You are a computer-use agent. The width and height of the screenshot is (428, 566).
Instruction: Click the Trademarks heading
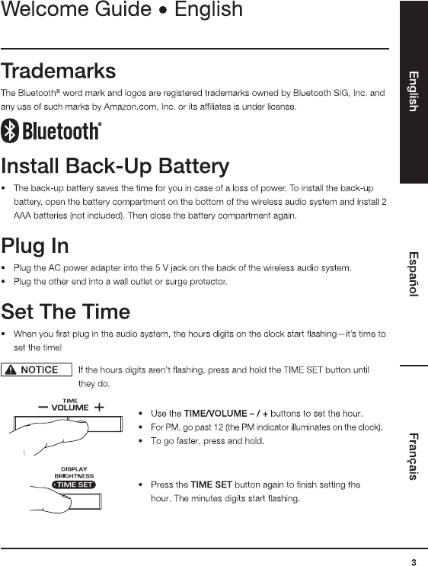click(x=59, y=71)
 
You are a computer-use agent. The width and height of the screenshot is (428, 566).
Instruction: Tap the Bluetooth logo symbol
click(x=10, y=131)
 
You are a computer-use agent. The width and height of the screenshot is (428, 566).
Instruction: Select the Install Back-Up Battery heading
click(x=115, y=166)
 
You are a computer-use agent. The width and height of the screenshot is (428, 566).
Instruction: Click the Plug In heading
click(x=35, y=246)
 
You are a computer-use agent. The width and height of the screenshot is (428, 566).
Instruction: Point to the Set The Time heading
click(x=65, y=312)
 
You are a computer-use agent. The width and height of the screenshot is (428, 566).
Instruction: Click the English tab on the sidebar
click(x=414, y=91)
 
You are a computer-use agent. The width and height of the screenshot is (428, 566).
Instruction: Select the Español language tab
click(x=414, y=274)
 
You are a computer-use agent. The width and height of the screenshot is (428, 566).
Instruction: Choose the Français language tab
click(x=414, y=456)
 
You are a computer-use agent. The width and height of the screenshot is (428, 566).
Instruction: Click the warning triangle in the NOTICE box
click(x=11, y=369)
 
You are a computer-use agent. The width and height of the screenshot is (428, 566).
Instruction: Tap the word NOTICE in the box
click(x=40, y=370)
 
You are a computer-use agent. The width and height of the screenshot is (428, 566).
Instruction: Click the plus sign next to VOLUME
click(x=99, y=408)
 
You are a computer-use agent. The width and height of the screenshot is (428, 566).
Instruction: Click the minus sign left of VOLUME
click(x=43, y=408)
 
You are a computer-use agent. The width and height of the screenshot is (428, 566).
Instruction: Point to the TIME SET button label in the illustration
click(x=75, y=484)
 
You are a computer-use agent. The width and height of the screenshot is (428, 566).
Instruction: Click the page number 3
click(x=414, y=562)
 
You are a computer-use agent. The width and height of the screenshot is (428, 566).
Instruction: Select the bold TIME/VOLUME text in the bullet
click(x=216, y=414)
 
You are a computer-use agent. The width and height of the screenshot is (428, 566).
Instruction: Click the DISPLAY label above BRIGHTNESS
click(x=75, y=469)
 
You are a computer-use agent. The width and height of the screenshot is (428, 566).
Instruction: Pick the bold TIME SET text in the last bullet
click(x=211, y=484)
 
